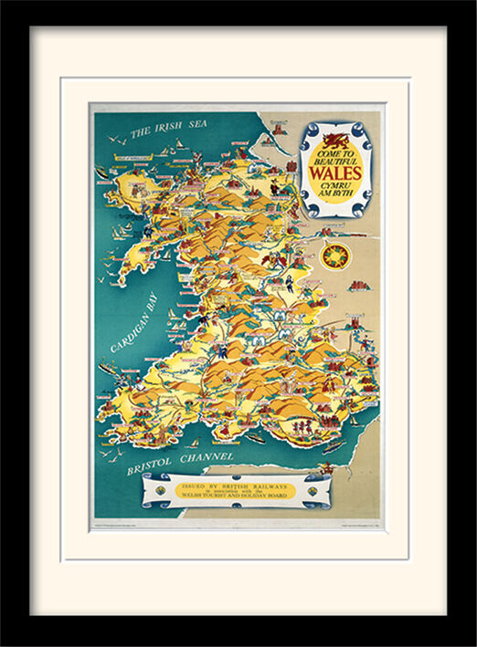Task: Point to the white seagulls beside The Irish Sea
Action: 114,139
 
